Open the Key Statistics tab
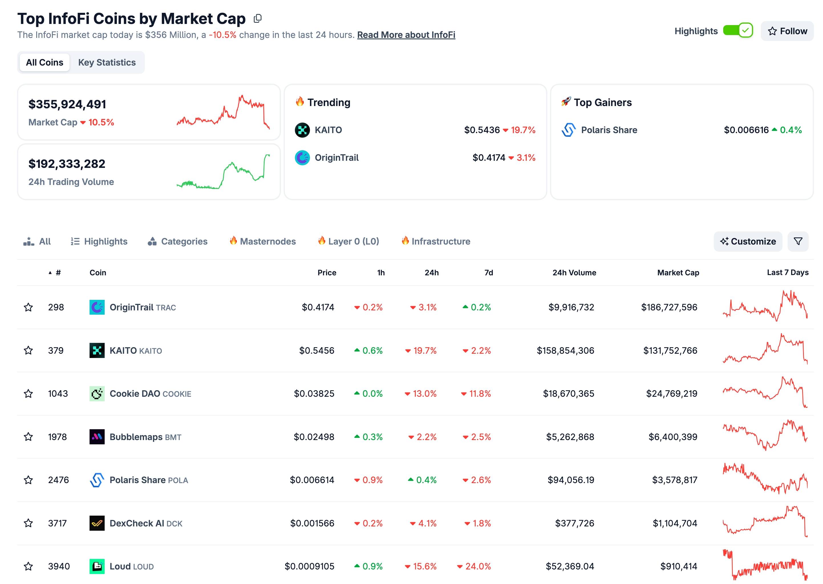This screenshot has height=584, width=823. point(107,63)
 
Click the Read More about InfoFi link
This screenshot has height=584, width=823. point(406,35)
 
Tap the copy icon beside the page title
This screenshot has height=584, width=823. point(258,19)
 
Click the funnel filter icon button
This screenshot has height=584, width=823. point(798,241)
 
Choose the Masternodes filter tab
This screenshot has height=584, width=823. point(263,241)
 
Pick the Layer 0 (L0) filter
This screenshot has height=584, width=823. point(348,241)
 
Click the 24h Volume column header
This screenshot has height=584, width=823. point(574,272)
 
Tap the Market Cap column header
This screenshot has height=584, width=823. point(678,272)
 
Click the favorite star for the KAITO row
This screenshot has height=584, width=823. point(29,350)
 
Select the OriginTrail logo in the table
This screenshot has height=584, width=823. point(97,307)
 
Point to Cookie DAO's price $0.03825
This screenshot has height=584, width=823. point(314,393)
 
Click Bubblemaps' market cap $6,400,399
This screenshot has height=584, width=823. point(673,437)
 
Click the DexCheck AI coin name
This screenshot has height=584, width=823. point(137,523)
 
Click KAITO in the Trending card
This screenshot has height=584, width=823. point(328,130)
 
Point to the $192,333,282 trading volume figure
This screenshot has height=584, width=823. point(67,164)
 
